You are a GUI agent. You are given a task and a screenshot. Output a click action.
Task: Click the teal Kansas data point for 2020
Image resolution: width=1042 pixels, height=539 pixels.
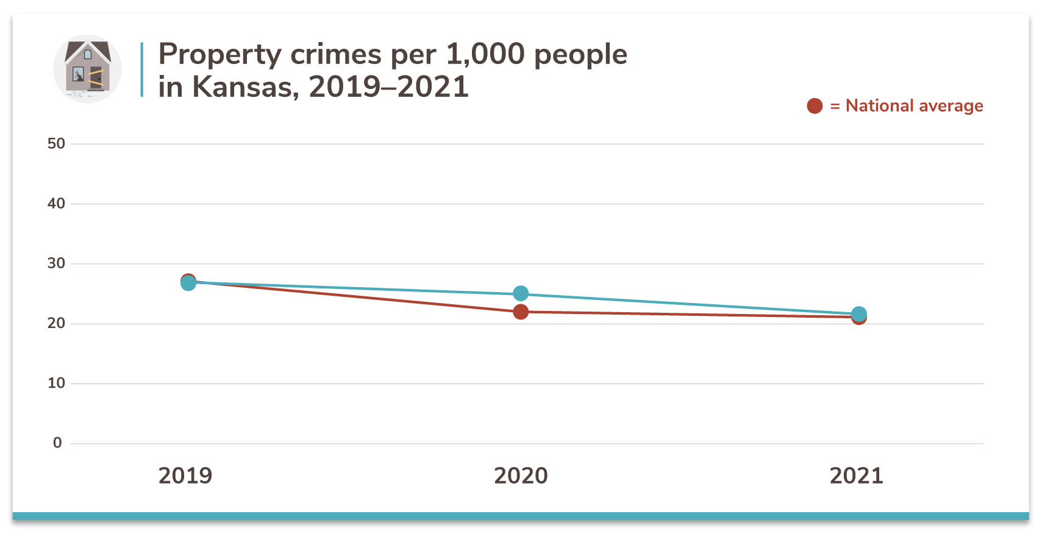tap(521, 294)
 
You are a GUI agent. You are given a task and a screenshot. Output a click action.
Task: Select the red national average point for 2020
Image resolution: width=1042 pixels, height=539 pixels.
tap(521, 312)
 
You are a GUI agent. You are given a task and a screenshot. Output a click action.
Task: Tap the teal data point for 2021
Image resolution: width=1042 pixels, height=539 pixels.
tap(858, 314)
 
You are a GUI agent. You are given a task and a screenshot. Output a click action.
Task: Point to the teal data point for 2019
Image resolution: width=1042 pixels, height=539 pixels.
tap(188, 283)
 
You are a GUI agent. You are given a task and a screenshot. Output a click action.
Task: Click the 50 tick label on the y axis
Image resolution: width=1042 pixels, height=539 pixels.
tap(56, 144)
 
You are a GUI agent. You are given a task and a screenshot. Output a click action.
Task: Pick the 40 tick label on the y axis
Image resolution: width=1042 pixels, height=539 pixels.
tap(56, 204)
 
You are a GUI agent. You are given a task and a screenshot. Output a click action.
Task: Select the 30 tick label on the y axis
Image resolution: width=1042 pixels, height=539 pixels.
tap(56, 263)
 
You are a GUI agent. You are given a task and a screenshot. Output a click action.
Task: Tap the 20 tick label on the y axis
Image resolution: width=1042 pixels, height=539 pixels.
tap(56, 323)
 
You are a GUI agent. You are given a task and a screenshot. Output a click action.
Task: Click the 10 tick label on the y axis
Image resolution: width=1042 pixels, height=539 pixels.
tap(56, 383)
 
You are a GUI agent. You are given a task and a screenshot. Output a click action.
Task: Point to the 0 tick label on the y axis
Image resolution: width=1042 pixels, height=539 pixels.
tap(57, 443)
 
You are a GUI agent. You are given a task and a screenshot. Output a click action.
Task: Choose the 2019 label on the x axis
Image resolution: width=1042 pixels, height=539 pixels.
tap(185, 476)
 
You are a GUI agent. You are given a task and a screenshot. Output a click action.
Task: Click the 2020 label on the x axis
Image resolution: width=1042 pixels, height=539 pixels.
tap(521, 476)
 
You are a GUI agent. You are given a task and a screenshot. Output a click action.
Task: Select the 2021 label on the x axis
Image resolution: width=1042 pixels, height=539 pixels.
tap(856, 476)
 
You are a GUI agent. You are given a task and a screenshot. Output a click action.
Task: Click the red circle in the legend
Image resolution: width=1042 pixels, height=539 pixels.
tap(815, 106)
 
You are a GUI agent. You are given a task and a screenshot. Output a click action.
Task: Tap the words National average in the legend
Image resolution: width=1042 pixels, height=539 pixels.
tap(914, 106)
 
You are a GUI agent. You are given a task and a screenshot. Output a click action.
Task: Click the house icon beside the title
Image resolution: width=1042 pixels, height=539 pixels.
tap(87, 69)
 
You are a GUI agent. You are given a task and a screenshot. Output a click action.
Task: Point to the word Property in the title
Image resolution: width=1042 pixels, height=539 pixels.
tap(219, 55)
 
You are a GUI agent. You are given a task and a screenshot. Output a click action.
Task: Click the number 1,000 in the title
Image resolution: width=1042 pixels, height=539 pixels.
tap(485, 55)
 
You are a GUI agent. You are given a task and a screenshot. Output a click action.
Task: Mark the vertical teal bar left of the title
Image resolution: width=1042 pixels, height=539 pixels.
tap(141, 70)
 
